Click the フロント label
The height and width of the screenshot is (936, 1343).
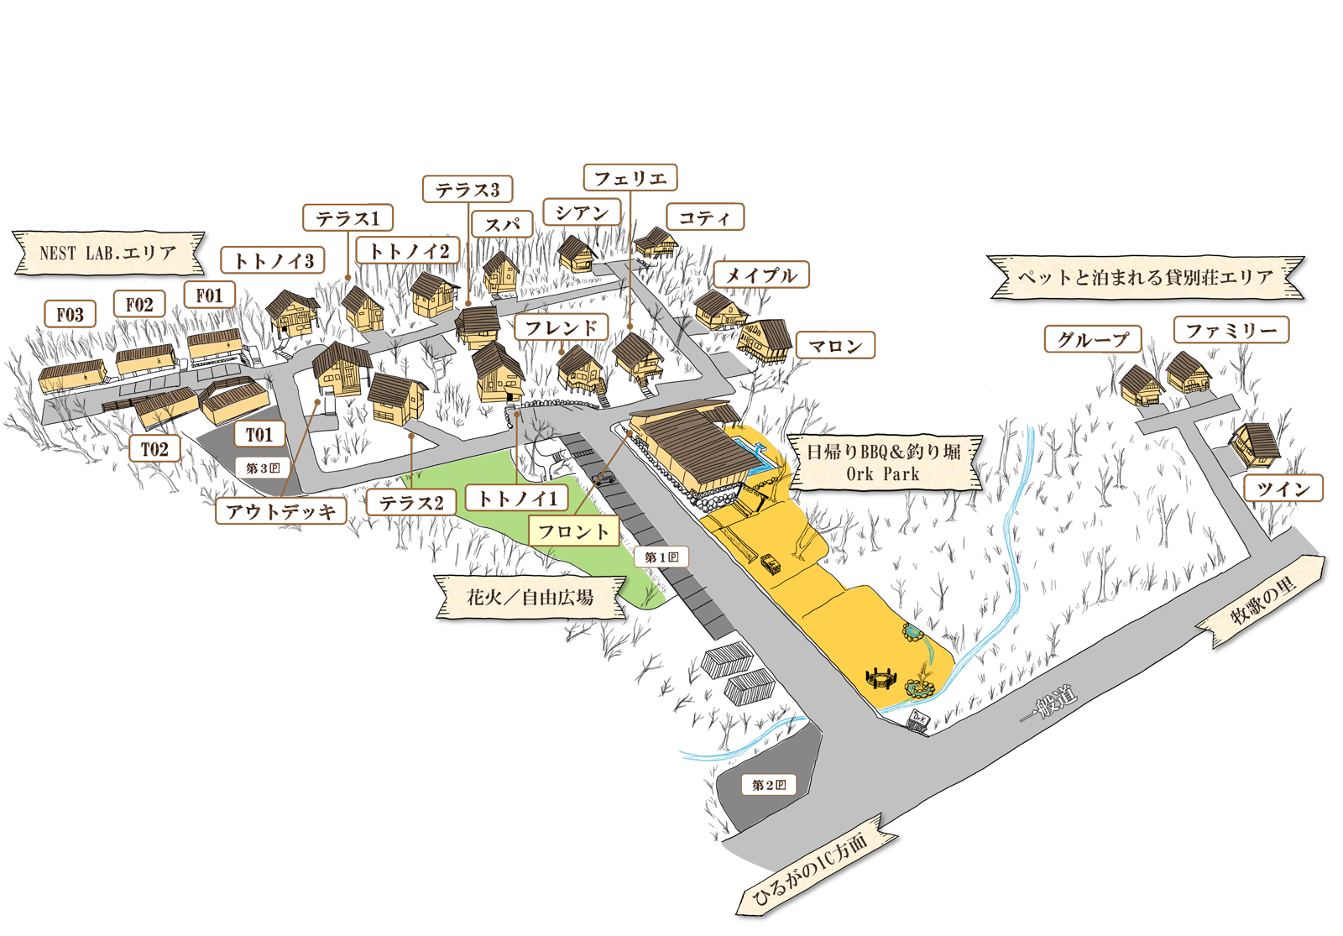tap(573, 531)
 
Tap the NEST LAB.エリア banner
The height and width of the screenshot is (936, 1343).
tap(107, 253)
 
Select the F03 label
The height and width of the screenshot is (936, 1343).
tap(70, 315)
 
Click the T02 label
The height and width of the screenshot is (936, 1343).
tap(154, 449)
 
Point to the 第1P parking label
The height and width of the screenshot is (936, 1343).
tap(661, 557)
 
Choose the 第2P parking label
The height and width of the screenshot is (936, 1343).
tap(769, 785)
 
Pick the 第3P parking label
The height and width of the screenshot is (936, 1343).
tap(263, 468)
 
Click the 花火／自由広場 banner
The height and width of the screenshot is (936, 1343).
tap(530, 598)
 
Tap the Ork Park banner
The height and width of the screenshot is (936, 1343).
tap(883, 463)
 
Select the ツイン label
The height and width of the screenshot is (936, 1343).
tap(1283, 489)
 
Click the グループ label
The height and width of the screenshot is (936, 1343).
tap(1093, 340)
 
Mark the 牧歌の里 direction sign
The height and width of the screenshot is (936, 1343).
tap(1263, 601)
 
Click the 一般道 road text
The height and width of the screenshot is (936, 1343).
tap(1048, 703)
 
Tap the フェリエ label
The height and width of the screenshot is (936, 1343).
tap(630, 178)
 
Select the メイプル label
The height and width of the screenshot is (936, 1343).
tap(760, 275)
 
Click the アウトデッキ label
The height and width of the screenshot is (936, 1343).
tap(281, 511)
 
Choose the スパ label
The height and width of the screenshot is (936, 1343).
tap(502, 225)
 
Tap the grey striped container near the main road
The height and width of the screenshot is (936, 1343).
tap(749, 687)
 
